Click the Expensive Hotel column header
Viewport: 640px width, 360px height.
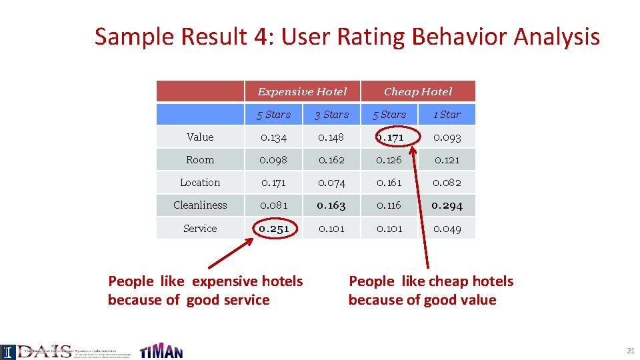point(302,91)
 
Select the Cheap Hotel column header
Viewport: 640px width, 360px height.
point(418,91)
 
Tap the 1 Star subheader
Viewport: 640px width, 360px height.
point(447,115)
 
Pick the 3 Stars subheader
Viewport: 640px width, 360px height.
point(331,115)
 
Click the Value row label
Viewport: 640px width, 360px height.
point(200,137)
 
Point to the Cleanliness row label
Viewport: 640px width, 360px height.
point(200,205)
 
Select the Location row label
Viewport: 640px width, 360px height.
point(200,182)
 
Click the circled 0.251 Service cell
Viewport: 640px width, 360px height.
point(274,229)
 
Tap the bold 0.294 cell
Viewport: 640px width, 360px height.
point(447,205)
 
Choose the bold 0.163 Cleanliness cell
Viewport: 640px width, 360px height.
point(331,205)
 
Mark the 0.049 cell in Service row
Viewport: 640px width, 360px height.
point(447,229)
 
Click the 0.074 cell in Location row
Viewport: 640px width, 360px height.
point(331,182)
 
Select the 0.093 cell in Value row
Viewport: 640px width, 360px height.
point(447,137)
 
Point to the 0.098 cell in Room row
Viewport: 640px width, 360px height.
point(274,160)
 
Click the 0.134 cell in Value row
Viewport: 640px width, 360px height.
point(274,137)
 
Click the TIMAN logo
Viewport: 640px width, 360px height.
point(161,350)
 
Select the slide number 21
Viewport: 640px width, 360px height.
point(630,351)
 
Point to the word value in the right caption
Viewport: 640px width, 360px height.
point(478,300)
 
